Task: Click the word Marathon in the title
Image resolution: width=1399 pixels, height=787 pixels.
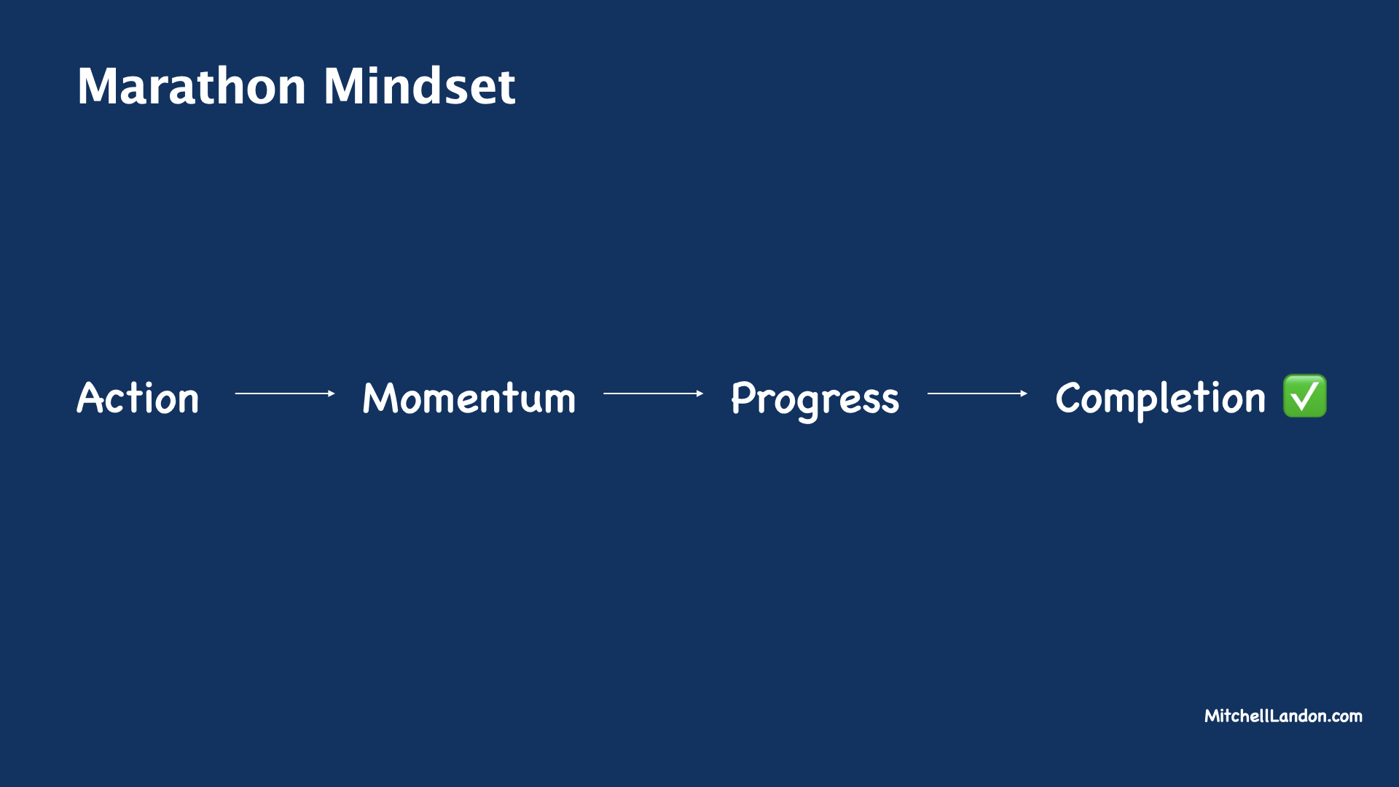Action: coord(192,87)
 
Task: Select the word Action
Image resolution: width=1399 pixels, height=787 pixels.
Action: coord(138,399)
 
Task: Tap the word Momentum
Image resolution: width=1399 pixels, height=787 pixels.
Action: coord(469,399)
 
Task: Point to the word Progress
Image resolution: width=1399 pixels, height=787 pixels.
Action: coord(815,399)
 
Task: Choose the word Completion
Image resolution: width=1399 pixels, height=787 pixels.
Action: coord(1160,399)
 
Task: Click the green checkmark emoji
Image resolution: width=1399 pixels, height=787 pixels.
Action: coord(1304,396)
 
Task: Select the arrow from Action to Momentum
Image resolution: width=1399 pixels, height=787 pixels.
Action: coord(284,393)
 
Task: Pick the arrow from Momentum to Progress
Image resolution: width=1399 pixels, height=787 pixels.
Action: coord(653,393)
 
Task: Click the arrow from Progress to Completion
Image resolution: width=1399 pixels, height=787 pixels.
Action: coord(976,393)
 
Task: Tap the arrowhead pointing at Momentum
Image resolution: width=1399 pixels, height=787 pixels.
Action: coord(331,393)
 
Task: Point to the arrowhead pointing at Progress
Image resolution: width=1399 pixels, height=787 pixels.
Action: coord(699,393)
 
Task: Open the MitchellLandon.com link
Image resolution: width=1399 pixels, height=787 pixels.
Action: coord(1283,716)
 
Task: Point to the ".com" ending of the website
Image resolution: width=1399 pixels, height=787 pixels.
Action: coord(1345,717)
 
